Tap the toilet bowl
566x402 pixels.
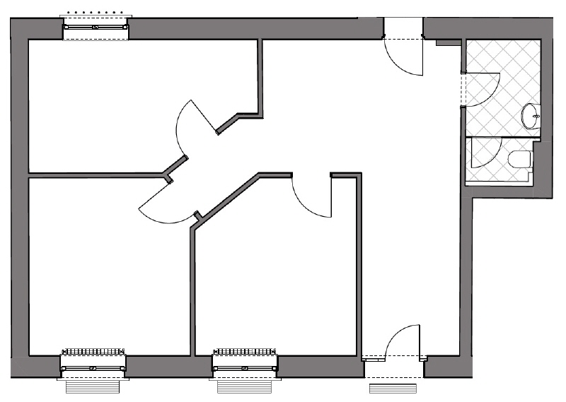pyautogui.click(x=520, y=159)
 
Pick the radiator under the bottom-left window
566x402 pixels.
pyautogui.click(x=93, y=351)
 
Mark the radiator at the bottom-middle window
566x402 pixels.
pyautogui.click(x=245, y=351)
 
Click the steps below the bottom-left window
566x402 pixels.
pyautogui.click(x=93, y=387)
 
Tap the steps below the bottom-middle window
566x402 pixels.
pyautogui.click(x=245, y=387)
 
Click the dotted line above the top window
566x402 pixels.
pyautogui.click(x=96, y=13)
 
